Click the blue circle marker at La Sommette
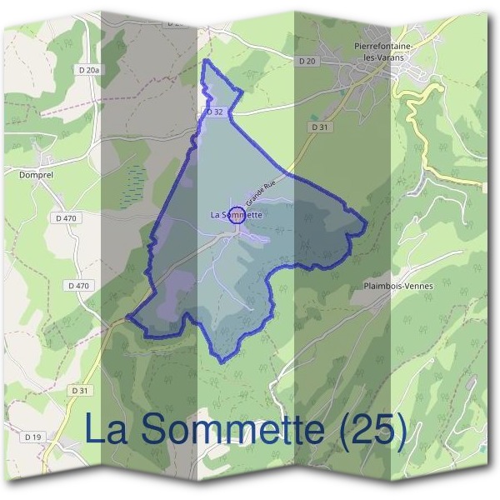pos(237,215)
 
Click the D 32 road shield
pos(214,112)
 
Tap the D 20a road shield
pos(89,71)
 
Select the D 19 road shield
pos(33,437)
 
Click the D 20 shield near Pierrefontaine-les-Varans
pos(306,61)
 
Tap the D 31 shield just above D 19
pos(79,390)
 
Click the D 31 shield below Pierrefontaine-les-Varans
pos(320,127)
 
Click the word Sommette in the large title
pos(227,429)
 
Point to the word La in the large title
pos(107,429)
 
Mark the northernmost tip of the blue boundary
pos(206,61)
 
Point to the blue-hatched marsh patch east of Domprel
pos(132,185)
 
